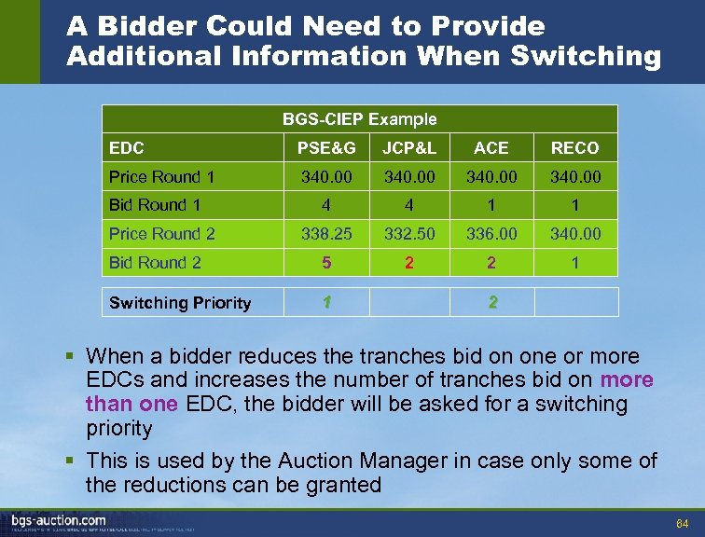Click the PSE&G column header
tap(326, 148)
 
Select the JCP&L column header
tap(408, 148)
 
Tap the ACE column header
tap(491, 148)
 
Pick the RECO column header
tap(574, 148)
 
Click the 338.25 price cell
tap(326, 234)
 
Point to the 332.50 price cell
tap(408, 234)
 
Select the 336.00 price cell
tap(491, 234)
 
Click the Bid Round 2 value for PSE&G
tap(326, 263)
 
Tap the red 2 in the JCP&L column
tap(408, 263)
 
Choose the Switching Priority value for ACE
tap(491, 302)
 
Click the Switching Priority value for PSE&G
tap(326, 302)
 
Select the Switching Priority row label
tap(180, 303)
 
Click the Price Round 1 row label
tap(162, 177)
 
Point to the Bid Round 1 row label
tap(155, 205)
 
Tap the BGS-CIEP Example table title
tap(359, 118)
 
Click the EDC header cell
tap(127, 148)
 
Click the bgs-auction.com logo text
tap(58, 520)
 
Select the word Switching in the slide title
tap(586, 56)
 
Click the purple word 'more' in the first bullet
tap(627, 380)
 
